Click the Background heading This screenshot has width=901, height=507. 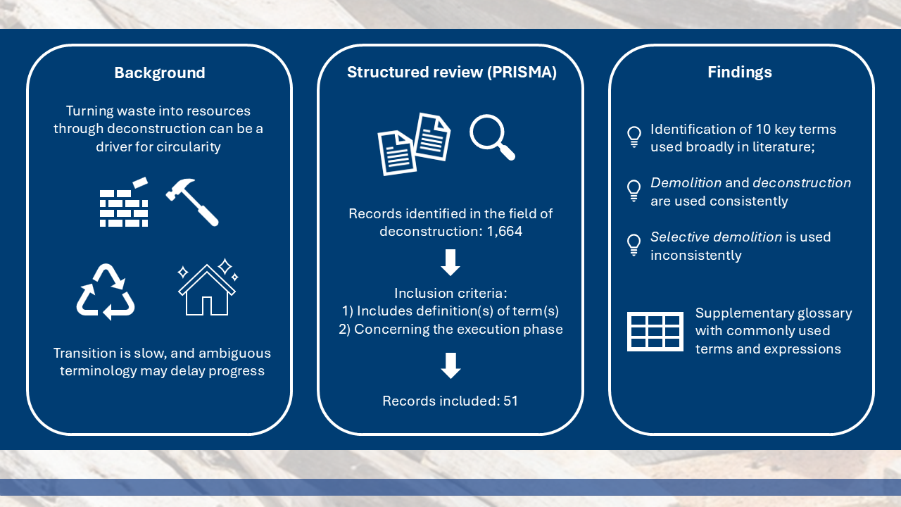(160, 73)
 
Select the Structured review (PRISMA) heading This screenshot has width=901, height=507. (451, 73)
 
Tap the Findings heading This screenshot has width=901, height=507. (740, 73)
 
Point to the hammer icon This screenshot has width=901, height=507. (192, 201)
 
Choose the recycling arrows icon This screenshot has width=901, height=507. (106, 292)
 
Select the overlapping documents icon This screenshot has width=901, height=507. (414, 144)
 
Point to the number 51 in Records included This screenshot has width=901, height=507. (510, 401)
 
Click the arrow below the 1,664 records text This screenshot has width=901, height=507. (450, 262)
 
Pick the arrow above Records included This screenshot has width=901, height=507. (450, 365)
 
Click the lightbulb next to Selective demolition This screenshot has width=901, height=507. (634, 244)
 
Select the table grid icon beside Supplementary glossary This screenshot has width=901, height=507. (655, 331)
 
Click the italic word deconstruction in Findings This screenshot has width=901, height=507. (802, 182)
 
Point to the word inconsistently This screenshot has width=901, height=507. (695, 255)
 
